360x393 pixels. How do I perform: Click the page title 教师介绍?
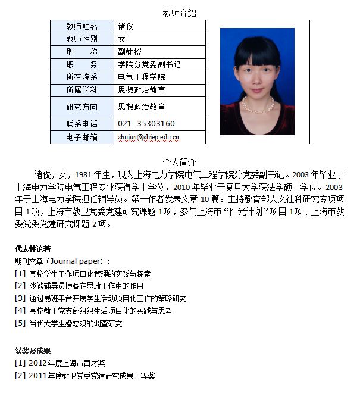pos(179,13)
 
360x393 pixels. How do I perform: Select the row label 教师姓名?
pos(82,26)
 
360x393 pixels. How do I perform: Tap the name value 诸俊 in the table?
pos(126,26)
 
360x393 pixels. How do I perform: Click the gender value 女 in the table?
pos(122,39)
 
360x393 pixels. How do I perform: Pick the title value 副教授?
pos(130,52)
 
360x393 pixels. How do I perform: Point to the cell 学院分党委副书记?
pos(149,64)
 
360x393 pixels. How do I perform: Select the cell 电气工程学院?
pos(142,77)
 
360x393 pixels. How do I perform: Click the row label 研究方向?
pos(82,107)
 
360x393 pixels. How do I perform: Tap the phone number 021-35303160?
pos(146,124)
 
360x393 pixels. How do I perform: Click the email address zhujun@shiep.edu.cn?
pos(149,137)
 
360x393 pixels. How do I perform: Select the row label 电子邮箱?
pos(82,137)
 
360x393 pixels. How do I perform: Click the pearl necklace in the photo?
pos(258,107)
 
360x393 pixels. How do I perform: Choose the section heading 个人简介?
pos(179,163)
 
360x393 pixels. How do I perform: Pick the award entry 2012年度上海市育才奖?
pos(67,363)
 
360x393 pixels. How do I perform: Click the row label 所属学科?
pos(82,90)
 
